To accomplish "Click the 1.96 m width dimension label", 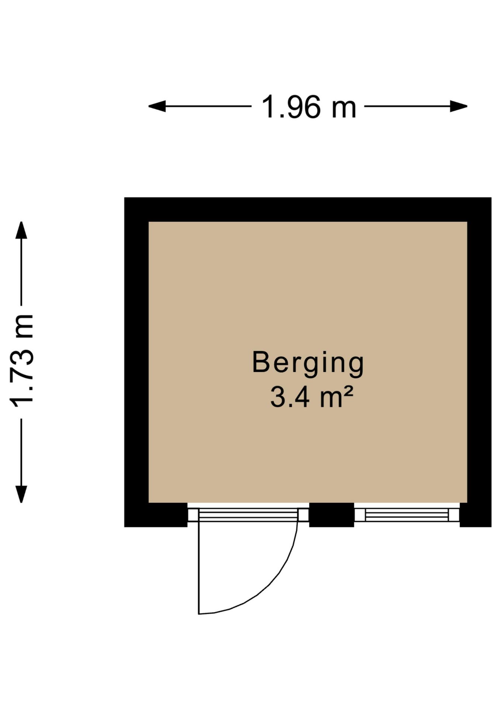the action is pyautogui.click(x=309, y=107).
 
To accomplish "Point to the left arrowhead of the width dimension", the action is pyautogui.click(x=157, y=106).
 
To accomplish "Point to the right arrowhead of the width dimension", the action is pyautogui.click(x=459, y=106).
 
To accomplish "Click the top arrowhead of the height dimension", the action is pyautogui.click(x=21, y=230).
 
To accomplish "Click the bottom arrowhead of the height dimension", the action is pyautogui.click(x=21, y=494).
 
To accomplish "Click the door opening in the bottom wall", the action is pyautogui.click(x=248, y=515).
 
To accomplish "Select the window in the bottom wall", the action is pyautogui.click(x=407, y=515).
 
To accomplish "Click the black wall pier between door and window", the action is pyautogui.click(x=332, y=515).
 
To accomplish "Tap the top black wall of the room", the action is pyautogui.click(x=308, y=209).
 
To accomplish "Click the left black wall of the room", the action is pyautogui.click(x=137, y=362).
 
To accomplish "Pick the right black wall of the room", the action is pyautogui.click(x=479, y=362).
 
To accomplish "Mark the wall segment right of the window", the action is pyautogui.click(x=476, y=515).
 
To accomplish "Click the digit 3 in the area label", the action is pyautogui.click(x=277, y=397).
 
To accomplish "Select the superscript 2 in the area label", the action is pyautogui.click(x=349, y=391).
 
